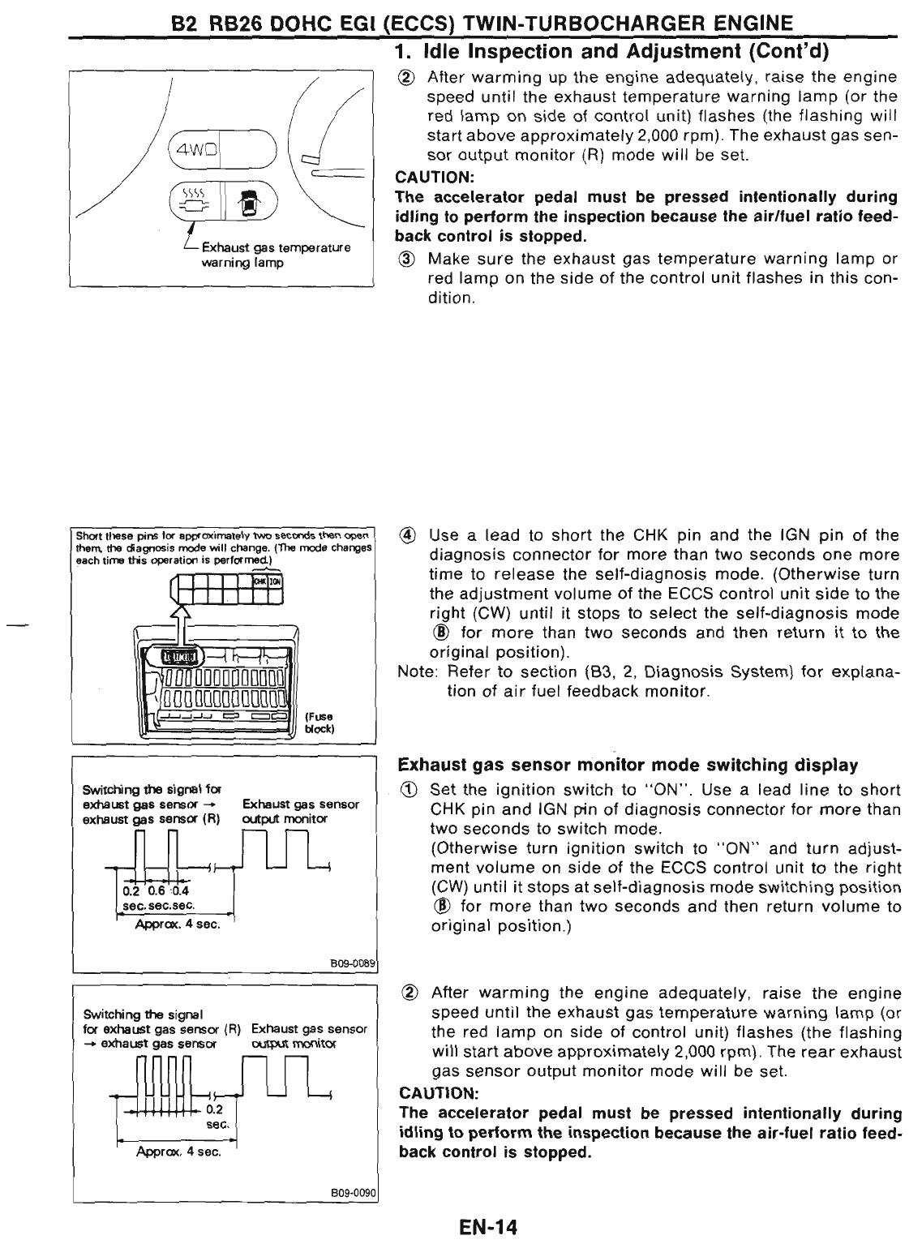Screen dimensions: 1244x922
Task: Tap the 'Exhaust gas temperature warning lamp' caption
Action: (275, 255)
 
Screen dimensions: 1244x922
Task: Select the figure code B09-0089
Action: (354, 963)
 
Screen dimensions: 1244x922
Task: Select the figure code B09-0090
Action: (354, 1191)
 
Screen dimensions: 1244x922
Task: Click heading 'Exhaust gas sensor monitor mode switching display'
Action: (628, 765)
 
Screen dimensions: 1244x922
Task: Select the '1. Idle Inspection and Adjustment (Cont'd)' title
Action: (615, 53)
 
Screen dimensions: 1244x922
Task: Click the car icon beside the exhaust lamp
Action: (243, 199)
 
